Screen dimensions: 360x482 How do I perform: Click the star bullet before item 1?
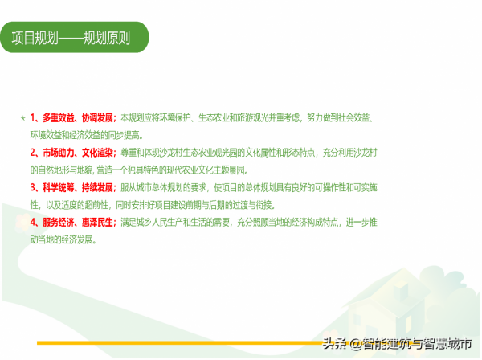tap(22, 118)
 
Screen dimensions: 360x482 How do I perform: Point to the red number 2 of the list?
tap(33, 152)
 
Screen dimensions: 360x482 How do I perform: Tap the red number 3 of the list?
tap(33, 186)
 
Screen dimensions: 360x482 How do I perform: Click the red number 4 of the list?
tap(33, 222)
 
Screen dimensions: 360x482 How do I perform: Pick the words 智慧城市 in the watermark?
tap(446, 344)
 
